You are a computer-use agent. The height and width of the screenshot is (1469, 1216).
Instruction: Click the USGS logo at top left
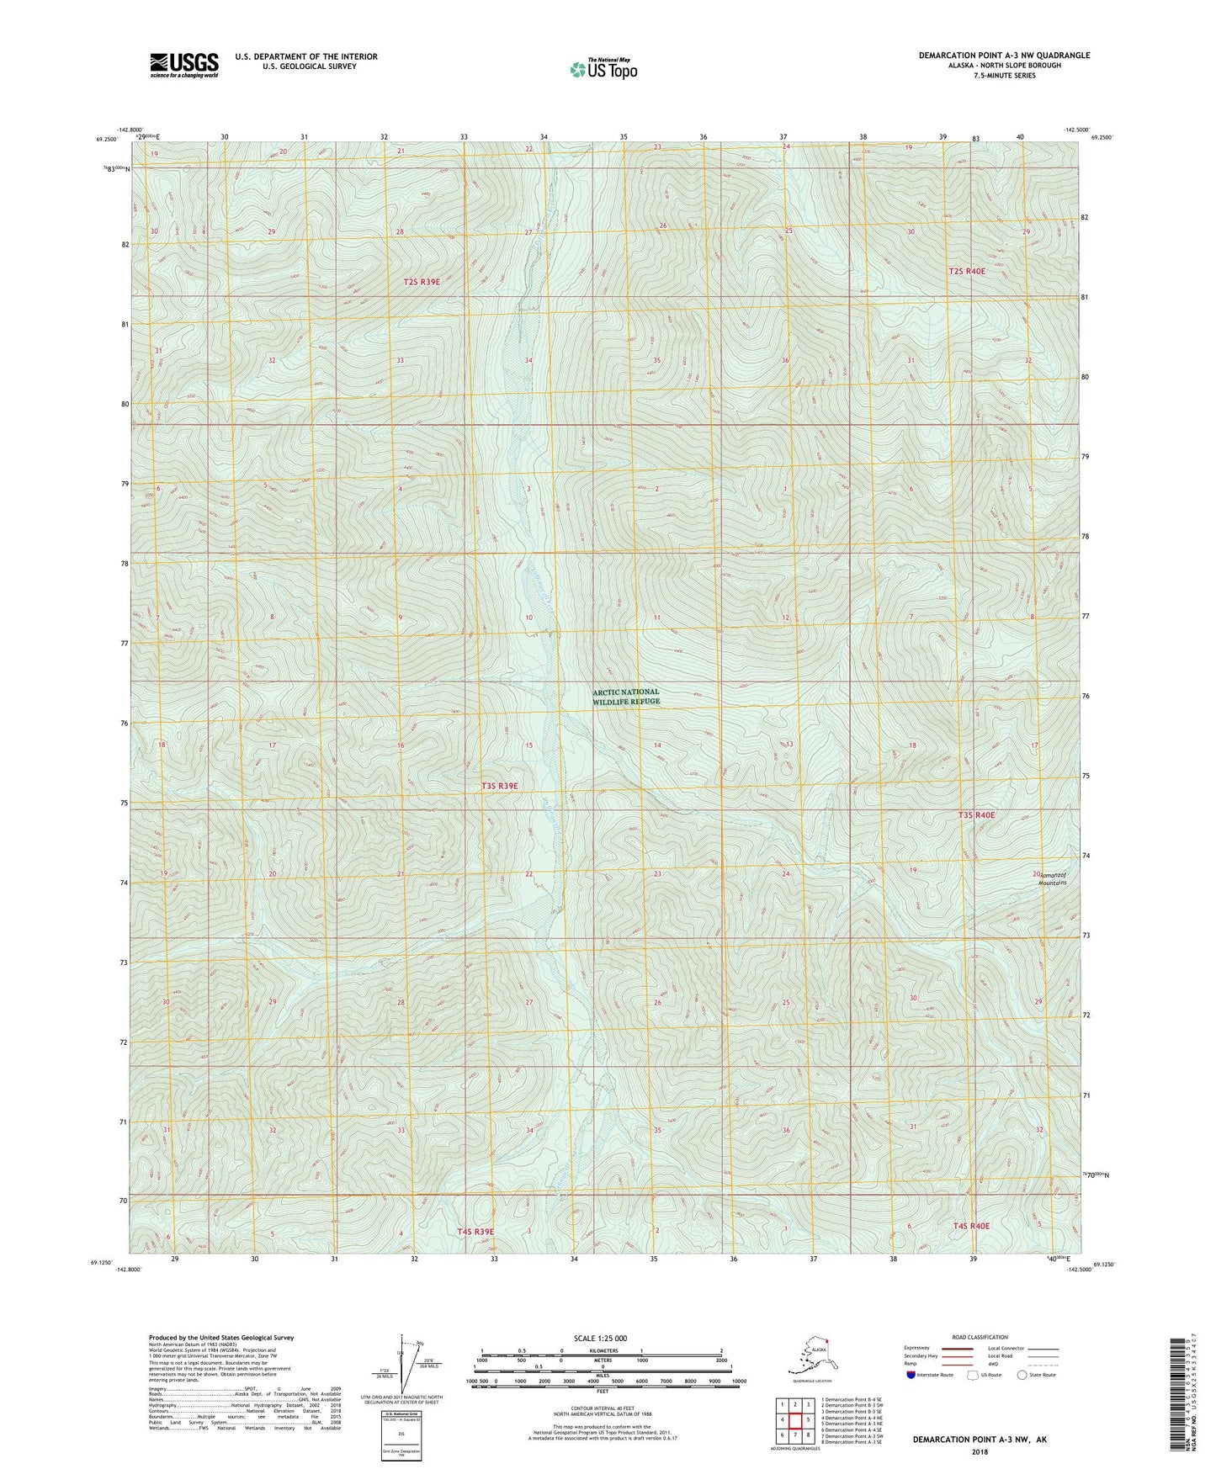coord(183,65)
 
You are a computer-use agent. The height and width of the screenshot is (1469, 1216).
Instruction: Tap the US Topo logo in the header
coord(603,69)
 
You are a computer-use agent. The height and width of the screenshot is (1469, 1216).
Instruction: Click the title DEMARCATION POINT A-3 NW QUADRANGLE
coord(1003,56)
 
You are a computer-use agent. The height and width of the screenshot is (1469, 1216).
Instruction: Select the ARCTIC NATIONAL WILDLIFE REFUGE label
coord(626,697)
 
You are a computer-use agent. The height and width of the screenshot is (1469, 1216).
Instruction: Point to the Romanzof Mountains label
coord(1051,878)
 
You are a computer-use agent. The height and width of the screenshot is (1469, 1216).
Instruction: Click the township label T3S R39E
coord(500,786)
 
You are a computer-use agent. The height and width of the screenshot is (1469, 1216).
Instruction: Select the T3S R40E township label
coord(976,815)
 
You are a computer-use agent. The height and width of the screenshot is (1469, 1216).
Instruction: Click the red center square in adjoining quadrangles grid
coord(794,1421)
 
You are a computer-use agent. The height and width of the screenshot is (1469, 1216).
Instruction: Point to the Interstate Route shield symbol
coord(911,1375)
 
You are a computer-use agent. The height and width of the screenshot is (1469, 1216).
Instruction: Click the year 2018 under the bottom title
coord(980,1452)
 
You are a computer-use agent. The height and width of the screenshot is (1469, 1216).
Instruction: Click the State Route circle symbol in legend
coord(1022,1375)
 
